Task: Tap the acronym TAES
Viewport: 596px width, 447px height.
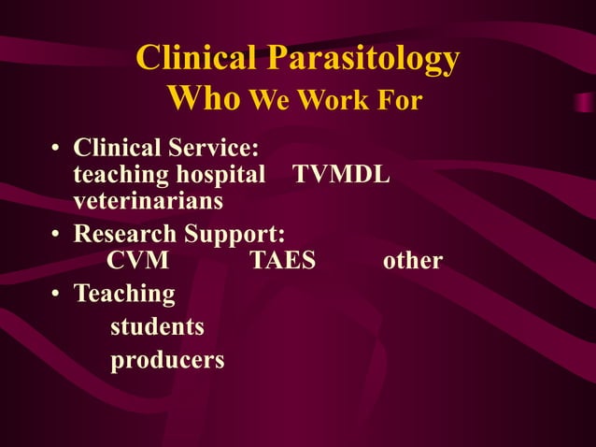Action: pyautogui.click(x=283, y=260)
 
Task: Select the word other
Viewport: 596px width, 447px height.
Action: pyautogui.click(x=413, y=260)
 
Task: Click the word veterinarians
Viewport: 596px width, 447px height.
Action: pyautogui.click(x=148, y=200)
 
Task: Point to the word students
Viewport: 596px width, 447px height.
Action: pyautogui.click(x=157, y=327)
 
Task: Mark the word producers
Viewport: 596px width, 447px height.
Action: pyautogui.click(x=167, y=360)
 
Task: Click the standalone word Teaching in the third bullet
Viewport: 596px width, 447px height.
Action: pyautogui.click(x=124, y=295)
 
